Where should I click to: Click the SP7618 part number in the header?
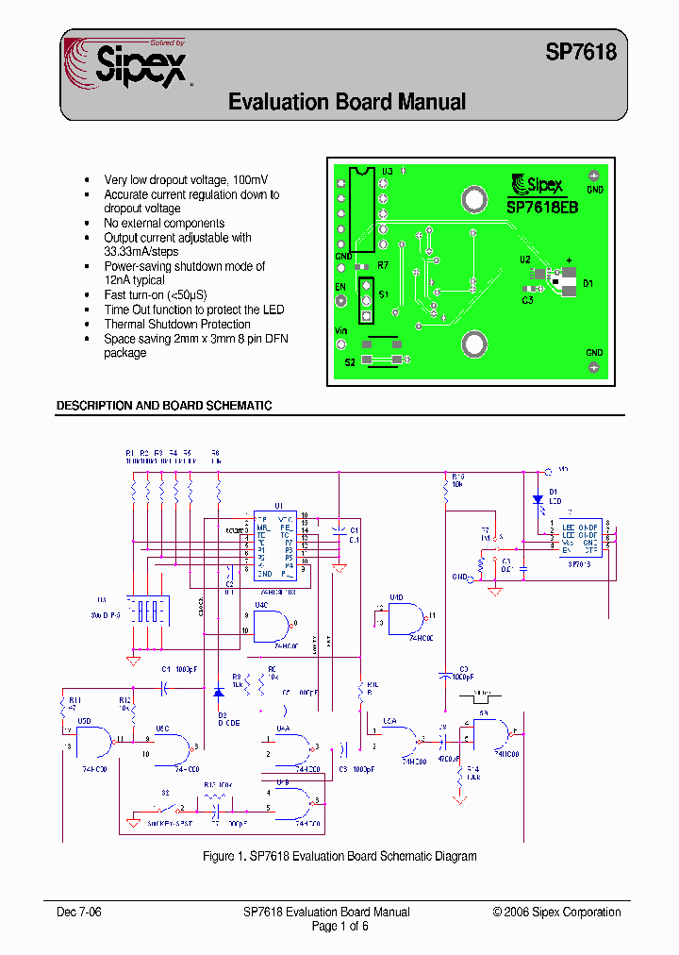(x=581, y=53)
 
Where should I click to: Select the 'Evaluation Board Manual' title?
(x=347, y=102)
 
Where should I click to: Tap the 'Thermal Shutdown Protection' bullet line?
(x=177, y=325)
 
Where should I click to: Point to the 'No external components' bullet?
(x=164, y=224)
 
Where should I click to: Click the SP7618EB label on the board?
(x=542, y=207)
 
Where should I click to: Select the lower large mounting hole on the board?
(x=473, y=345)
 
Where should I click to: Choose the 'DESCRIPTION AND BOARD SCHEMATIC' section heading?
(x=164, y=406)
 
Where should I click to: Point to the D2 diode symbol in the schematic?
(x=218, y=693)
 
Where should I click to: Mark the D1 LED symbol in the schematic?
(x=538, y=499)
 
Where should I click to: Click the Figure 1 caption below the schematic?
(x=339, y=856)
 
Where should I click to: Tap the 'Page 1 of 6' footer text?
(x=339, y=926)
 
